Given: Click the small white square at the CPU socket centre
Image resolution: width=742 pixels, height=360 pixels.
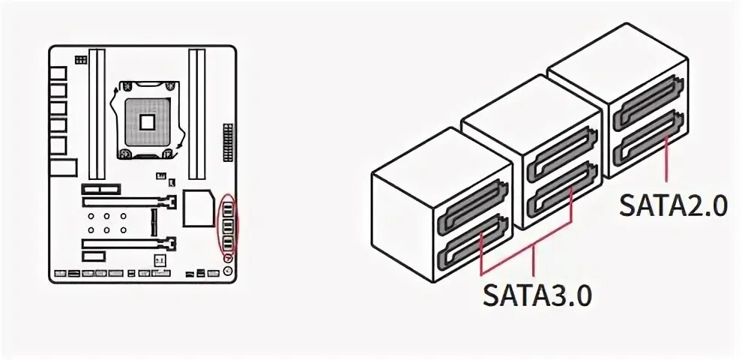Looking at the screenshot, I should (x=147, y=121).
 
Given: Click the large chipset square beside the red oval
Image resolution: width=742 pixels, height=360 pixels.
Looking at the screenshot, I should (x=199, y=206).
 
